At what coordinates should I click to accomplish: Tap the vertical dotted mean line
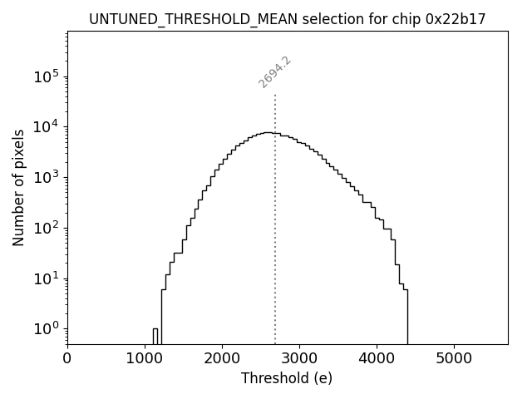(275, 249)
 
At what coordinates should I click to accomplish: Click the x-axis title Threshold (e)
(287, 378)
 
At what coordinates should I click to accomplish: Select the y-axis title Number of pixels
(18, 187)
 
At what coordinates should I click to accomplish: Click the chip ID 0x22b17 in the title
(456, 19)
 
